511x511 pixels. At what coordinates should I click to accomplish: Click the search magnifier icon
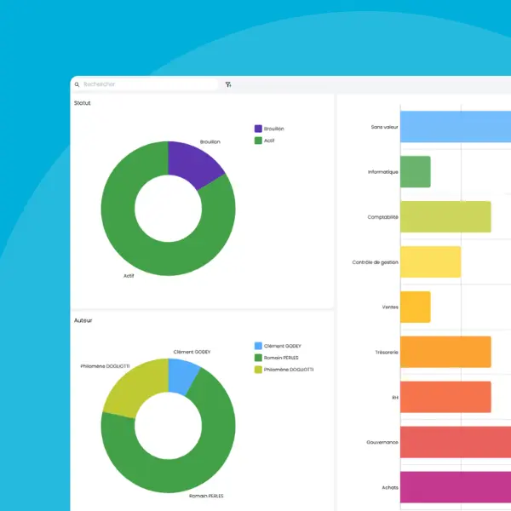pos(77,84)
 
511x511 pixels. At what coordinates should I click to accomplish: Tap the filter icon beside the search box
pos(228,84)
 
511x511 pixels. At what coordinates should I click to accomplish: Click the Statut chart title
pos(83,103)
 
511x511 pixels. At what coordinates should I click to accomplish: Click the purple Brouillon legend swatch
pos(258,129)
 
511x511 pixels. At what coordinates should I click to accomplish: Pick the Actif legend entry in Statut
pos(269,140)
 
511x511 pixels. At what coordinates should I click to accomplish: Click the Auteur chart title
pos(83,320)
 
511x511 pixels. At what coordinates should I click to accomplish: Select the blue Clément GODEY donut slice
pos(182,376)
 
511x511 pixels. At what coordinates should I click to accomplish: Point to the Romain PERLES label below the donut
pos(207,494)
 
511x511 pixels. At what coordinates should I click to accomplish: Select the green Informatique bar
pos(415,171)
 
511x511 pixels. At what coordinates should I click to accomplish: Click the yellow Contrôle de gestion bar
pos(430,261)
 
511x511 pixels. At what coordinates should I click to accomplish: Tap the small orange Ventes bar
pos(415,307)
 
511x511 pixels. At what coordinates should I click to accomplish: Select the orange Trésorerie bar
pos(445,352)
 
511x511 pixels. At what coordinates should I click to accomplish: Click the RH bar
pos(445,397)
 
